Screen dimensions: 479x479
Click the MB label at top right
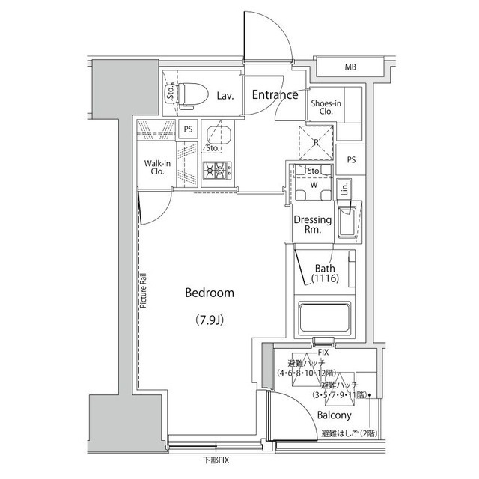(x=350, y=68)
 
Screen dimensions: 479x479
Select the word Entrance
(x=275, y=95)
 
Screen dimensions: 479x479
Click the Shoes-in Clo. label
(x=326, y=106)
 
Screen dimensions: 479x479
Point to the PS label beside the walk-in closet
(x=189, y=129)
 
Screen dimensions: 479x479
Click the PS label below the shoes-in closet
(x=351, y=159)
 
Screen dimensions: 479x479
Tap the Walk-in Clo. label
(x=156, y=166)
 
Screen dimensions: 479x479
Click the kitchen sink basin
(x=219, y=135)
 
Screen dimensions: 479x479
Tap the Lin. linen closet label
(x=344, y=190)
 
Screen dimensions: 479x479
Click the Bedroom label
(x=210, y=293)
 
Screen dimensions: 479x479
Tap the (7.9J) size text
(x=210, y=321)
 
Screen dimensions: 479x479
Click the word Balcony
(x=334, y=415)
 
